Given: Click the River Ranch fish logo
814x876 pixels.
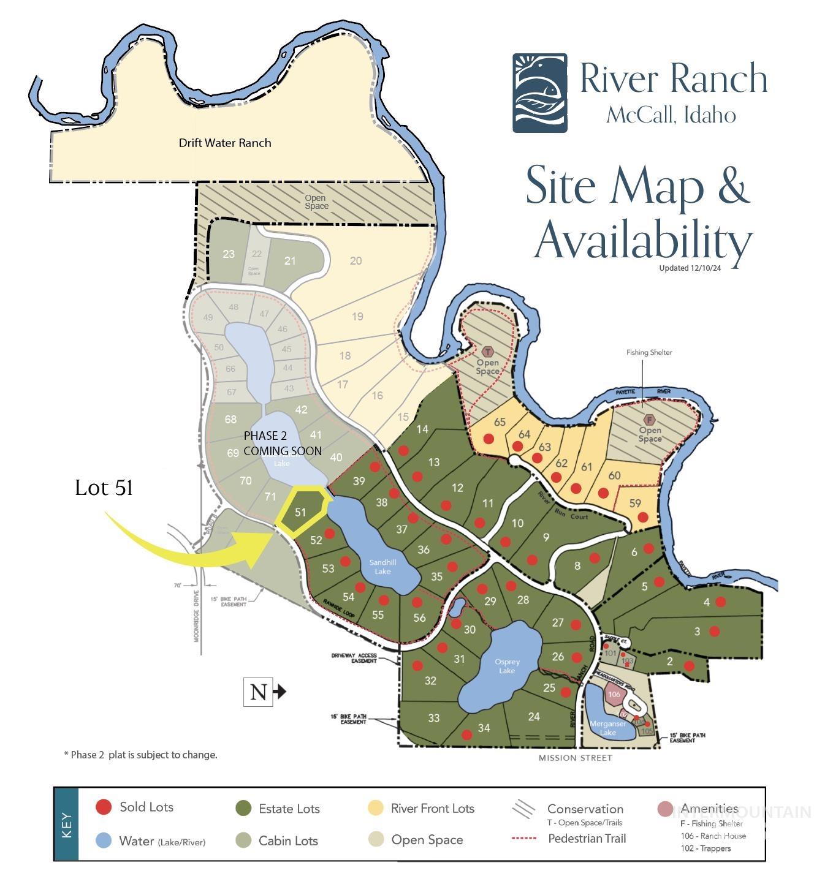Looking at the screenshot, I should click(539, 93).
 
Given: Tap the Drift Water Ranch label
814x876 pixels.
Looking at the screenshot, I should click(224, 143).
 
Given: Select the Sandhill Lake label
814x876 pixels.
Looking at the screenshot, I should click(382, 567).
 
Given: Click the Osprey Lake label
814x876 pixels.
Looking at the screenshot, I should click(507, 666).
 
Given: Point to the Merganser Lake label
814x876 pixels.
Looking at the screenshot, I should click(607, 728).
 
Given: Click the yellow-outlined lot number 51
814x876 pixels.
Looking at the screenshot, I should click(300, 512).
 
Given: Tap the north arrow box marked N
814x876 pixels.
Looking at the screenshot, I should click(259, 692).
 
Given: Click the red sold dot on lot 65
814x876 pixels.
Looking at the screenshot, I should click(489, 439).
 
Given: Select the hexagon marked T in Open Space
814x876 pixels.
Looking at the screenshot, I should click(488, 352).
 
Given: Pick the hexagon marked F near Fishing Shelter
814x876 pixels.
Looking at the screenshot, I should click(650, 420).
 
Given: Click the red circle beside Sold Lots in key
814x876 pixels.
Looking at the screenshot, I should click(104, 807).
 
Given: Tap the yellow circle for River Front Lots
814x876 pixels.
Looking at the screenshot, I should click(376, 808).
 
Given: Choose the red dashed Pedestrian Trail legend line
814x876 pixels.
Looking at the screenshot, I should click(524, 838).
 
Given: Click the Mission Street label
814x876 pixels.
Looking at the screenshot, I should click(575, 758).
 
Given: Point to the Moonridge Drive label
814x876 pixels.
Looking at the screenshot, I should click(197, 614).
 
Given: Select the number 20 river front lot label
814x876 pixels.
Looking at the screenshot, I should click(356, 261).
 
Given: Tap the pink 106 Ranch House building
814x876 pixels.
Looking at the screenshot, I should click(615, 694).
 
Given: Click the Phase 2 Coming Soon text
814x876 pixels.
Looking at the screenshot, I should click(282, 444).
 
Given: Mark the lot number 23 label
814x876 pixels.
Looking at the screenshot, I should click(229, 254).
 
